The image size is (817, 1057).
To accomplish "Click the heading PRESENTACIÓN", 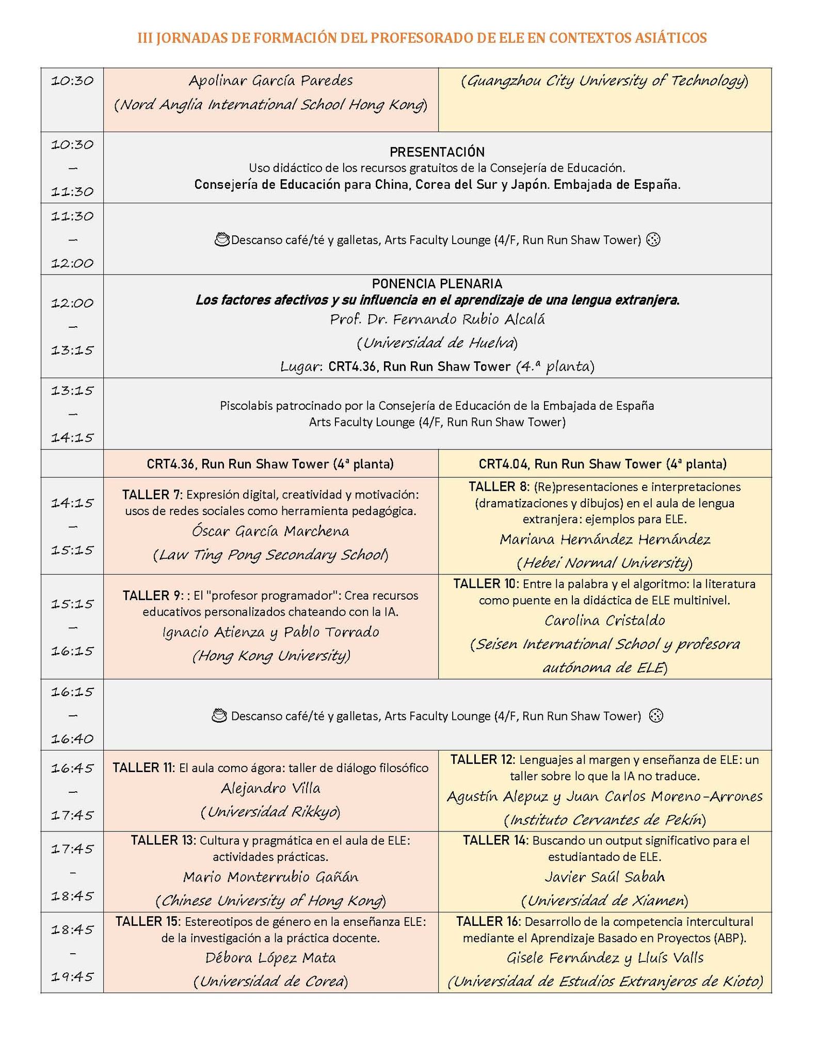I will click(437, 152).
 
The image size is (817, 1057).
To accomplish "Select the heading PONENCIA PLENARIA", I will click(437, 283).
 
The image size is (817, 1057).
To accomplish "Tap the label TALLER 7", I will click(151, 494).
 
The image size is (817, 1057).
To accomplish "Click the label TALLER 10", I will click(486, 584).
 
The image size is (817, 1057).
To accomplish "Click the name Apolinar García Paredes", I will click(270, 81).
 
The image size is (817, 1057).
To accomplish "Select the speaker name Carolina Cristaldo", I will click(604, 620).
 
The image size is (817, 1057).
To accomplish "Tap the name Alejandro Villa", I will click(270, 788).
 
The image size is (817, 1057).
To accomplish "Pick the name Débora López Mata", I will click(270, 957).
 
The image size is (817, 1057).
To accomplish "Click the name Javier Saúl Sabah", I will click(604, 876).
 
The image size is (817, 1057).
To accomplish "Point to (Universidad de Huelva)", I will click(437, 343).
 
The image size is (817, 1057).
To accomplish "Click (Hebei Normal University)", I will click(604, 562).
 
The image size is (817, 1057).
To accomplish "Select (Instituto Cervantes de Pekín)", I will click(604, 820).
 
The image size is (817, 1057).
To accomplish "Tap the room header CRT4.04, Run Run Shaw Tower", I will click(602, 464).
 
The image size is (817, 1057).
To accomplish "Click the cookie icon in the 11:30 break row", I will click(653, 239).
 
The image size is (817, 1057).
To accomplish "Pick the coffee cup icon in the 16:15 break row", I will click(220, 715).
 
